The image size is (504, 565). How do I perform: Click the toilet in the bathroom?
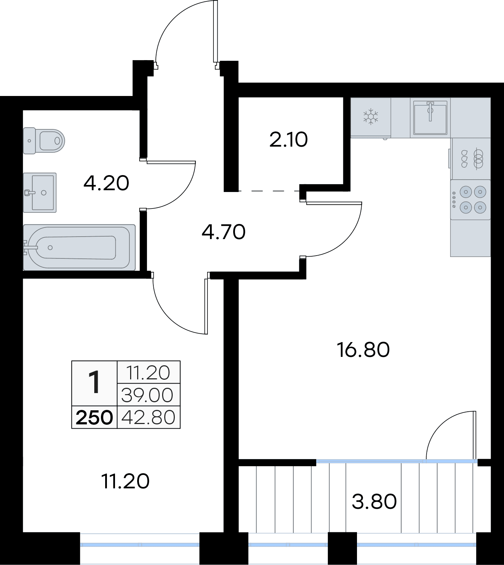(44, 141)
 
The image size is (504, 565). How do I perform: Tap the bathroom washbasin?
(40, 193)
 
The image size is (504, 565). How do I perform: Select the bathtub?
(79, 248)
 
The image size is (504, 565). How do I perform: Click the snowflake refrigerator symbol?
(371, 117)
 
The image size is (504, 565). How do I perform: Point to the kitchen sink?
(430, 117)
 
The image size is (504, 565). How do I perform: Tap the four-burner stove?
(471, 200)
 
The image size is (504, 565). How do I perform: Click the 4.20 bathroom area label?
(106, 183)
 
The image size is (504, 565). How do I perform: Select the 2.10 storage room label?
(288, 140)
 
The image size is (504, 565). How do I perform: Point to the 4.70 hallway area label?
(224, 232)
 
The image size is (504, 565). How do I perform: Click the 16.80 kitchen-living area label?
(363, 350)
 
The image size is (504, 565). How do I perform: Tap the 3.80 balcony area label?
(374, 501)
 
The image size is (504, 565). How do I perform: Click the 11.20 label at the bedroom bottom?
(126, 481)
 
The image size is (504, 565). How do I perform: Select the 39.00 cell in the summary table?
(147, 395)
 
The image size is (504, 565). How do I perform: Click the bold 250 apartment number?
(94, 418)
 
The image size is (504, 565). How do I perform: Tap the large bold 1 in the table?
(94, 383)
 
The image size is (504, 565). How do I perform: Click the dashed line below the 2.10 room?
(269, 191)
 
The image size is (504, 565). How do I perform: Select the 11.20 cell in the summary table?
(148, 373)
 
